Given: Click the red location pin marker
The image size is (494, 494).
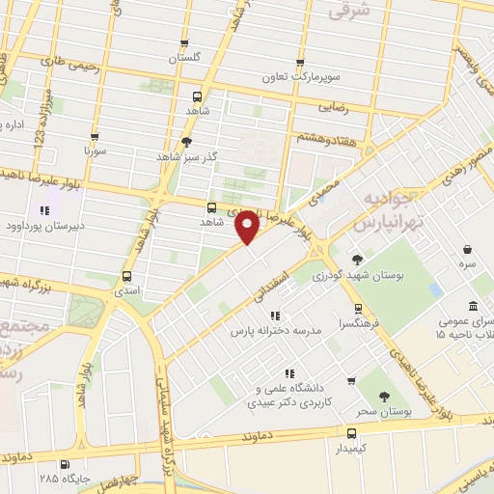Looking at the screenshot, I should (x=247, y=226).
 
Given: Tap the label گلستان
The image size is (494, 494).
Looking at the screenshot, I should (x=184, y=59).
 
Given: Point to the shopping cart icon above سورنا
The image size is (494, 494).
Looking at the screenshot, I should (x=95, y=137).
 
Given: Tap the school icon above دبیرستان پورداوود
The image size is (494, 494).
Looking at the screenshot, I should (x=43, y=210).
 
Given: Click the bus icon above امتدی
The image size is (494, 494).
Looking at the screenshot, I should (x=125, y=274).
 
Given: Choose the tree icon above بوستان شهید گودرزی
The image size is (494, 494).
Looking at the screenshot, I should (x=357, y=259).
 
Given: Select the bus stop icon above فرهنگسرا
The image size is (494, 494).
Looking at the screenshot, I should (x=358, y=310).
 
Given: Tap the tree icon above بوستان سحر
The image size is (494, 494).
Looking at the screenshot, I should (x=384, y=396).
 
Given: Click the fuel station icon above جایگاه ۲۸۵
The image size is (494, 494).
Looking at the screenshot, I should (x=65, y=463).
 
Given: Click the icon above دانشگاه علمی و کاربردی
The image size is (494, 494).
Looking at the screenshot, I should (x=288, y=373).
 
